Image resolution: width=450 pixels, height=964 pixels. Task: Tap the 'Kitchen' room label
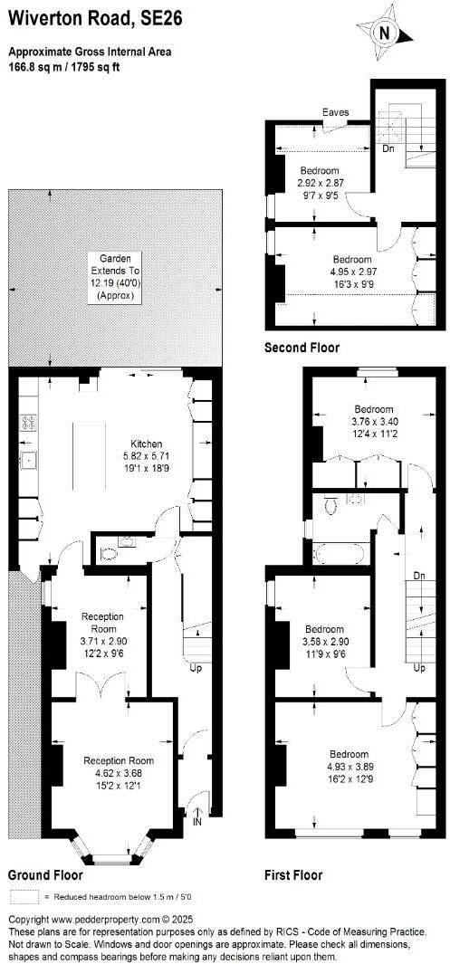coord(145,444)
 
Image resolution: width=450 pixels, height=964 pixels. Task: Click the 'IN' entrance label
coord(198,822)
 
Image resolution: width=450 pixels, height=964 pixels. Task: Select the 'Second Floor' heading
coord(302,348)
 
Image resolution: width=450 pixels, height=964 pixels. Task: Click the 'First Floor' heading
coord(293,875)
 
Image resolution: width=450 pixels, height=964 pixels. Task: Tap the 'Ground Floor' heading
coord(45,875)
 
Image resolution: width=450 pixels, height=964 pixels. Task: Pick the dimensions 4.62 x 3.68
coord(119,773)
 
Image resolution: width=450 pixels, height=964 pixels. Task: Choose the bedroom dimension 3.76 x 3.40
coord(373,420)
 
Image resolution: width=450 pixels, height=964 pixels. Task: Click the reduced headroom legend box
coord(24,897)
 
